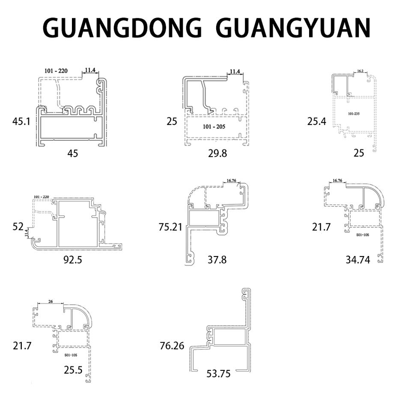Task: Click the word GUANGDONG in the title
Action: pos(122,28)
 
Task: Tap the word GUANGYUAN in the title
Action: pos(293,28)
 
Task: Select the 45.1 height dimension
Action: pos(21,122)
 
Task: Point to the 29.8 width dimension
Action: pos(217,153)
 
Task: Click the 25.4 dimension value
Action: pos(317,122)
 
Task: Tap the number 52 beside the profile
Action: pos(18,226)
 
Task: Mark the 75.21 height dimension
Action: pos(170,227)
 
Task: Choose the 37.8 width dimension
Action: pos(217,259)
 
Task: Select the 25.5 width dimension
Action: pos(73,370)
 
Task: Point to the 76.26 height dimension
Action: pos(172,345)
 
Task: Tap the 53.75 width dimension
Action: pos(218,374)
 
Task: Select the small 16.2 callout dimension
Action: pos(360,71)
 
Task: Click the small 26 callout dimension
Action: pos(51,301)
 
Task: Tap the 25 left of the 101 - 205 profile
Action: pos(172,122)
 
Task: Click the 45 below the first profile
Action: pos(73,153)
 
